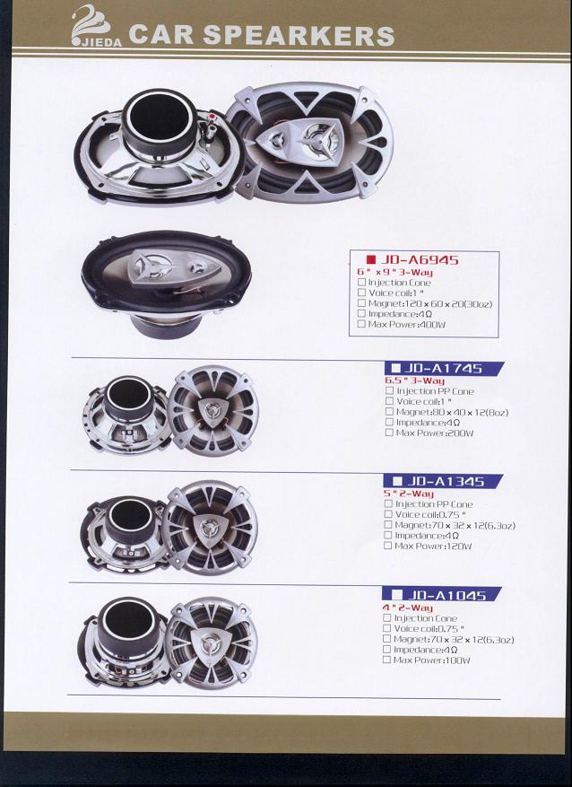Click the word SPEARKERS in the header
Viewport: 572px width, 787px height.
click(x=299, y=35)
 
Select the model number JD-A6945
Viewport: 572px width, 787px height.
click(x=420, y=259)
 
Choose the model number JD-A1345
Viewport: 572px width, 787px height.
click(x=446, y=481)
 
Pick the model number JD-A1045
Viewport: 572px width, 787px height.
click(x=446, y=595)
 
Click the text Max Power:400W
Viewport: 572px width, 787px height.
click(x=406, y=324)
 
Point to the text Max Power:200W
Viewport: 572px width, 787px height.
click(x=435, y=433)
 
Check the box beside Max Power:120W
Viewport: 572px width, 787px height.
click(x=387, y=546)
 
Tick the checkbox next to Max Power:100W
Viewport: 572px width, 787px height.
click(x=386, y=660)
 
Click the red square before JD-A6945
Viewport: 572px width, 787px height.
click(x=371, y=259)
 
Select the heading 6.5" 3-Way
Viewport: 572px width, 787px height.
click(x=414, y=380)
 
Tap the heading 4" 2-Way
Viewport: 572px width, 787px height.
click(x=408, y=608)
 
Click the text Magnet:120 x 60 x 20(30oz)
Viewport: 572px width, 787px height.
click(x=430, y=303)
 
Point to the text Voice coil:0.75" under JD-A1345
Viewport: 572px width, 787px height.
click(x=430, y=514)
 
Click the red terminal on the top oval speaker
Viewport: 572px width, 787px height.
click(x=212, y=118)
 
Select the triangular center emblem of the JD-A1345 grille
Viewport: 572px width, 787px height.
click(x=210, y=528)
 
